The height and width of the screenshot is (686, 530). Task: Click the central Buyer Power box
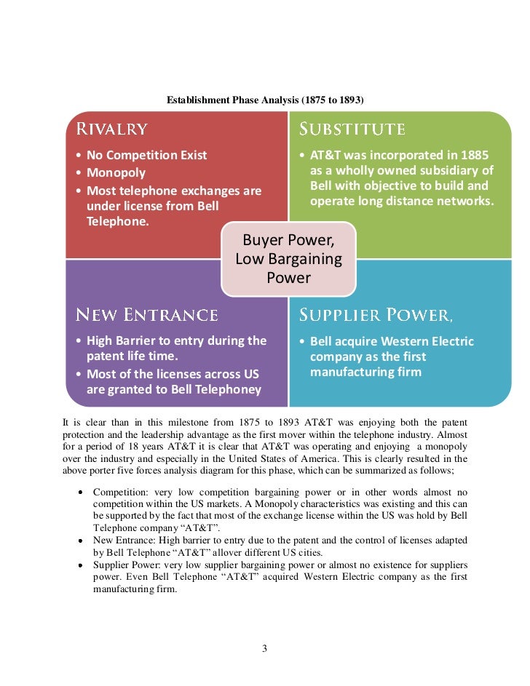tap(288, 259)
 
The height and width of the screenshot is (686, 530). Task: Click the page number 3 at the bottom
tap(265, 649)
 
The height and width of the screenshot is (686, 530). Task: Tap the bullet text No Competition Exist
tap(146, 155)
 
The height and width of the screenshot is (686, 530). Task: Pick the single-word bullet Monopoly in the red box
tap(116, 173)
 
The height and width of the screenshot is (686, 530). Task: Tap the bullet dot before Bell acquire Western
tap(302, 341)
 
